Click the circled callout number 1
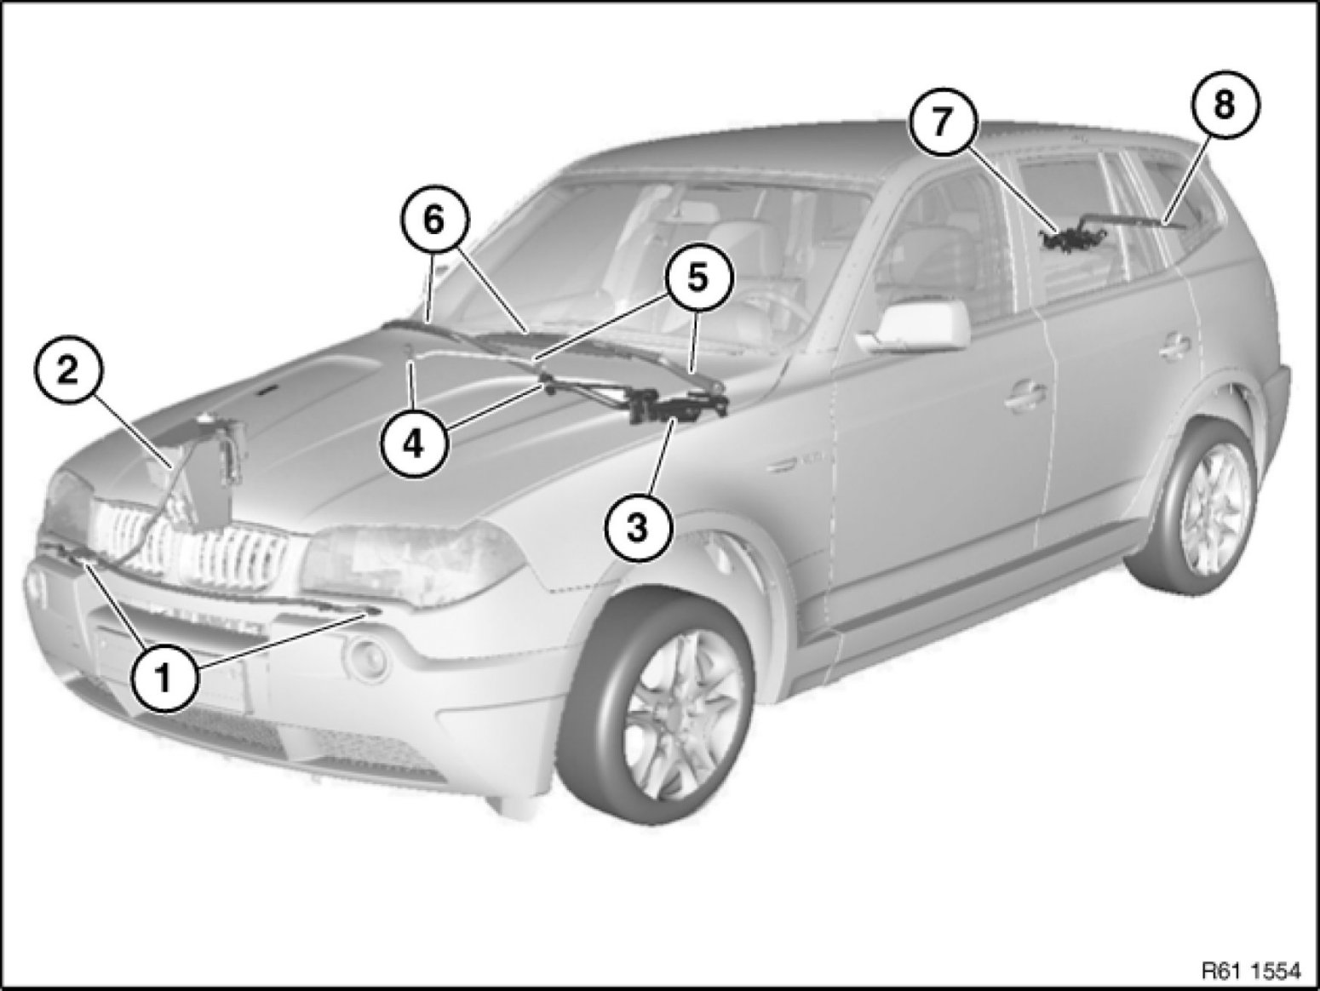pos(164,680)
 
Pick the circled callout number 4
pos(414,445)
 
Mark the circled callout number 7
pos(943,122)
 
